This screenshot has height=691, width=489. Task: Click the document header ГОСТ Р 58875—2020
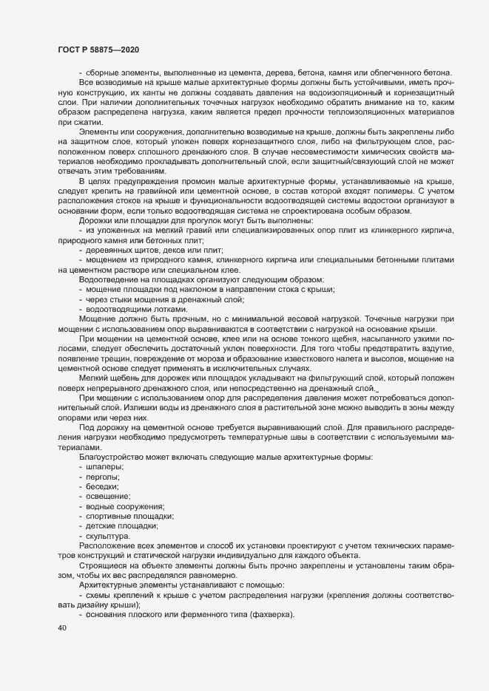[100, 49]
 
